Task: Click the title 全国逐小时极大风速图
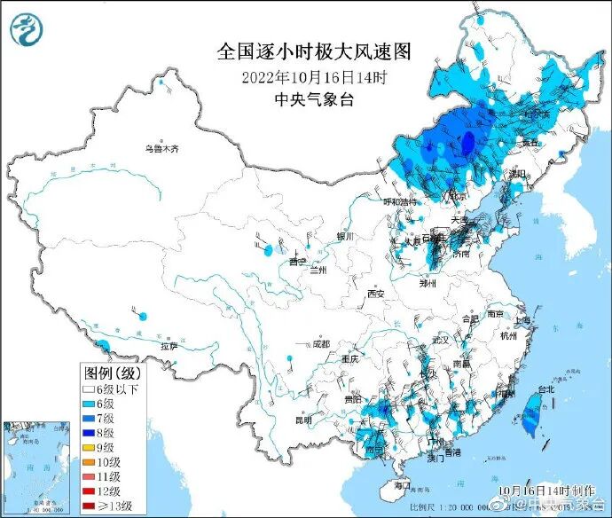315,51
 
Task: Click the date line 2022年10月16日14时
315,77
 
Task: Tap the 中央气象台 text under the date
315,99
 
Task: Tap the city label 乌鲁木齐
162,149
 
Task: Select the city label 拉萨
169,346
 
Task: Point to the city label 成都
320,343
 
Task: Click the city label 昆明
304,420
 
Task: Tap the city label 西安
376,294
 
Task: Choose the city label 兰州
318,269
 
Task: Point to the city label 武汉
441,340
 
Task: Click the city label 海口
401,485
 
